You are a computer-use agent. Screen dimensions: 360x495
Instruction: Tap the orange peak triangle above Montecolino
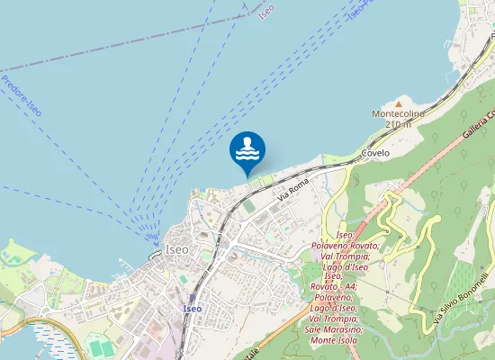pyautogui.click(x=399, y=103)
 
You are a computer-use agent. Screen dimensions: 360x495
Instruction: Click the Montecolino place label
pyautogui.click(x=398, y=114)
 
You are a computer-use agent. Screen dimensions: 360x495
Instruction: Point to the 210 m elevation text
pyautogui.click(x=398, y=125)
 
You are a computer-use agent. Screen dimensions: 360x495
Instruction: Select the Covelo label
pyautogui.click(x=375, y=153)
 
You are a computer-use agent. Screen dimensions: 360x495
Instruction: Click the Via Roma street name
pyautogui.click(x=293, y=189)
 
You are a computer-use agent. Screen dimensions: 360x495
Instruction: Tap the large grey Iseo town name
pyautogui.click(x=176, y=248)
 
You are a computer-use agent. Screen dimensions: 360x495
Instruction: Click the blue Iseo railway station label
pyautogui.click(x=192, y=309)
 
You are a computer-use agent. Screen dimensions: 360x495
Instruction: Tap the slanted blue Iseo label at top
pyautogui.click(x=265, y=12)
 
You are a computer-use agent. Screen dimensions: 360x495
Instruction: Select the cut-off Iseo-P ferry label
pyautogui.click(x=356, y=9)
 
